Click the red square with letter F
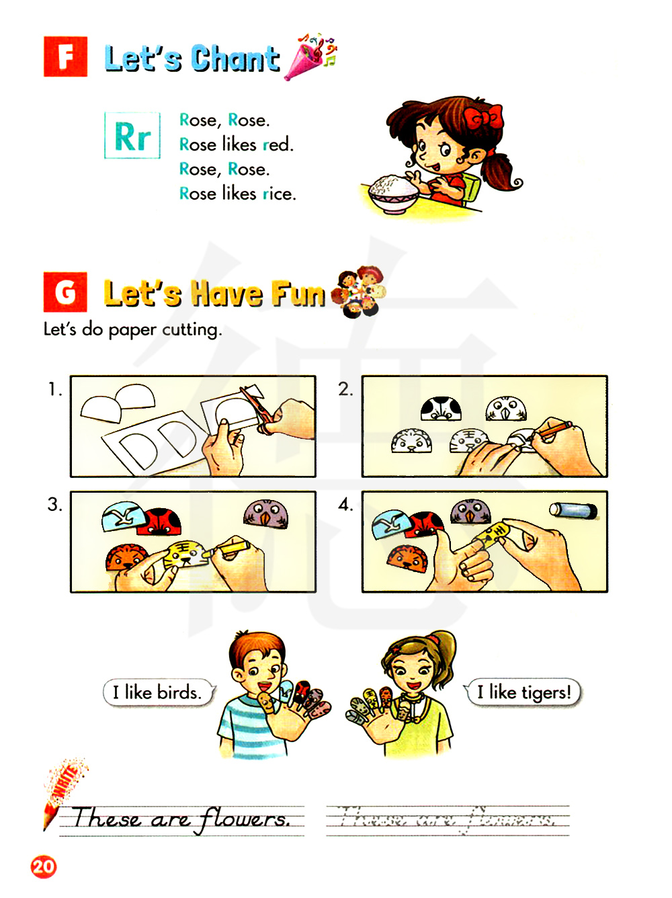(x=65, y=56)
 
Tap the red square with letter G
(x=65, y=292)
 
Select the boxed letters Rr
(x=132, y=135)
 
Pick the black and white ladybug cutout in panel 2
(x=441, y=409)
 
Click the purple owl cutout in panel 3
(x=266, y=514)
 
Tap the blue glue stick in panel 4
(x=573, y=511)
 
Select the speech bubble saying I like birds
(x=159, y=692)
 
